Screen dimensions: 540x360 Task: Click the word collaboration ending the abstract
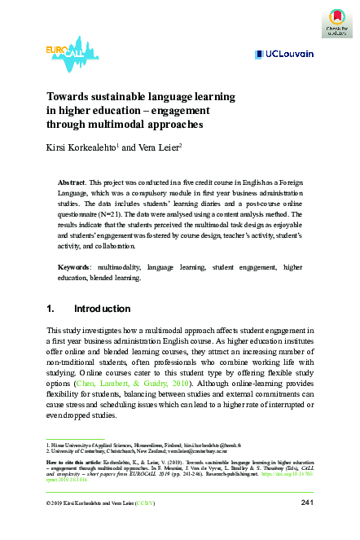click(x=131, y=244)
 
